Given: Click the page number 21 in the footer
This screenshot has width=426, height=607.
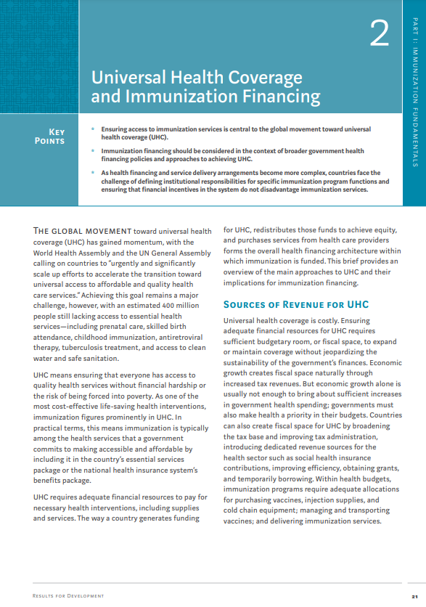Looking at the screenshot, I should [x=413, y=596].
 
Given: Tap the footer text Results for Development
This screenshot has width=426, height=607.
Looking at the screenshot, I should [x=68, y=596].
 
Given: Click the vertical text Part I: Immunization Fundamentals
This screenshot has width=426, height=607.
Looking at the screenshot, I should [x=415, y=94].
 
